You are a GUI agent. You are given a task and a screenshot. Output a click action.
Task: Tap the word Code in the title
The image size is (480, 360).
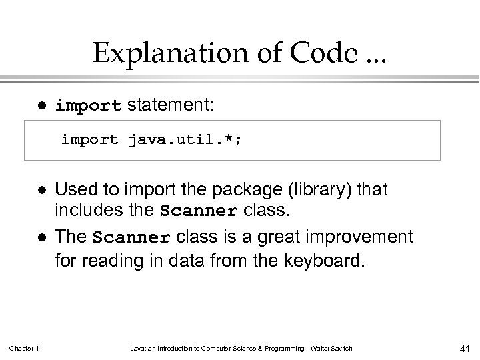(311, 52)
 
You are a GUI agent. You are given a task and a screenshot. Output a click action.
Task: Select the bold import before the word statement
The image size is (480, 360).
(89, 105)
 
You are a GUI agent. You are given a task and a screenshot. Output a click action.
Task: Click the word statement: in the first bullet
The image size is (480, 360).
(170, 105)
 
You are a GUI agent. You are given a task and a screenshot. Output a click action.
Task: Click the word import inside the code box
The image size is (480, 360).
(89, 140)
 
